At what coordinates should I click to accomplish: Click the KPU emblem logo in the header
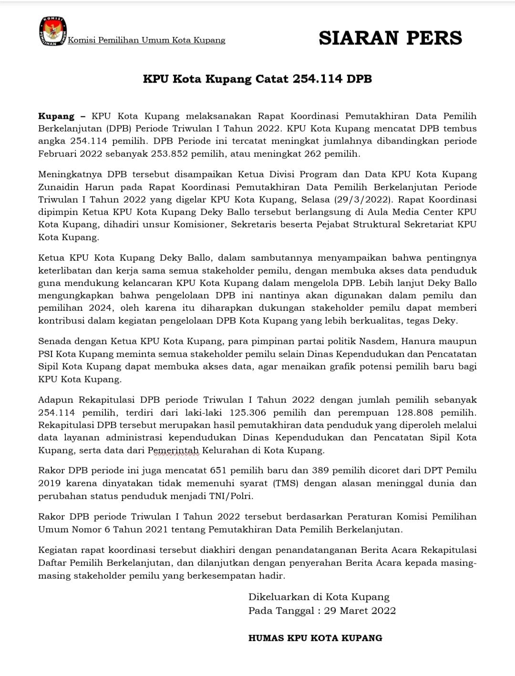52,31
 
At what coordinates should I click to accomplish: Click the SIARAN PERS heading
390,38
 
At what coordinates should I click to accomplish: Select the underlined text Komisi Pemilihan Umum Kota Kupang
146,41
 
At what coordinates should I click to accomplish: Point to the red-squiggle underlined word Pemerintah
173,451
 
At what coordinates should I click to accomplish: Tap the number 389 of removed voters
320,471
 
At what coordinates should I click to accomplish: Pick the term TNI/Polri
231,496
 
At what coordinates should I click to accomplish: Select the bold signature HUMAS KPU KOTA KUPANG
315,638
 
